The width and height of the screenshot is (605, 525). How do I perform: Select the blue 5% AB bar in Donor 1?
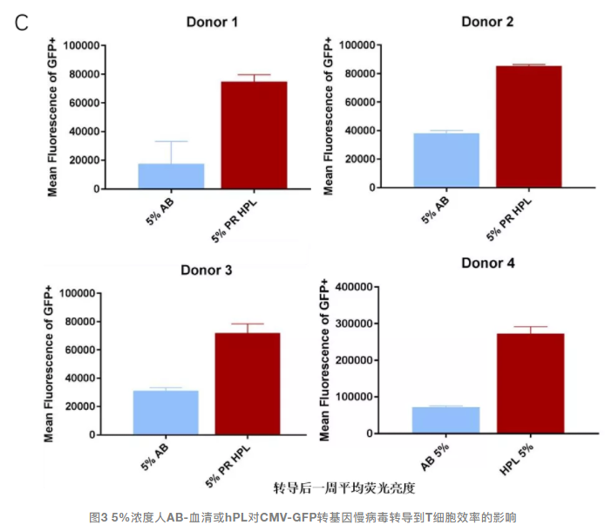[171, 175]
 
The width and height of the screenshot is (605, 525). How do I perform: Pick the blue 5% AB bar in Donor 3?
[166, 412]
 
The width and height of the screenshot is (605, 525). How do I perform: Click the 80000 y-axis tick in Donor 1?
[77, 74]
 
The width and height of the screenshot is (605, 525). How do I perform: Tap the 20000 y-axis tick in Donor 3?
[75, 406]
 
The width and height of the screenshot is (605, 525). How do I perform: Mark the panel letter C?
[24, 21]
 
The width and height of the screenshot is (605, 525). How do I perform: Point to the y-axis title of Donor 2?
[329, 116]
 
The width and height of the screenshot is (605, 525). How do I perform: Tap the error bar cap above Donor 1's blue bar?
[171, 141]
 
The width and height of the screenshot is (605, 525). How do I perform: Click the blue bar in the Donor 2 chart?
[446, 160]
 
